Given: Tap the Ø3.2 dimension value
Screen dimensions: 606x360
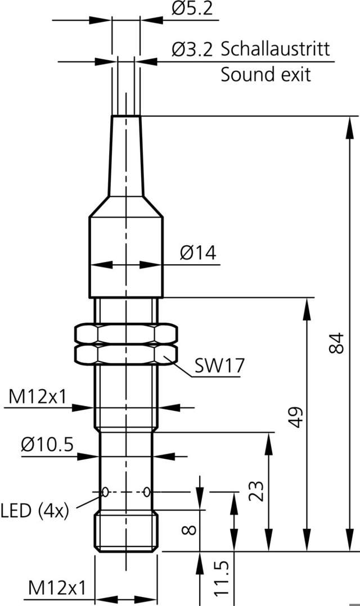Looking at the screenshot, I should (x=192, y=50).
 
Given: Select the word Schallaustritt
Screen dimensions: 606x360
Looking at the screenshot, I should (x=275, y=49).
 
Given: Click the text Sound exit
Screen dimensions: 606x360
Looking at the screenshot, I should (x=265, y=74).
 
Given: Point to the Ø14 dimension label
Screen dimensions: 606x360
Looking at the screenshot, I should (x=198, y=254).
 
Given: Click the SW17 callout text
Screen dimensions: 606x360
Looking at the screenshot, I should (x=219, y=366).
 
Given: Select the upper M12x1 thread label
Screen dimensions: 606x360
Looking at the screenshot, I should (x=38, y=397).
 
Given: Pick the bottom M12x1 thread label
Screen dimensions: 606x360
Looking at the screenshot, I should (x=57, y=589).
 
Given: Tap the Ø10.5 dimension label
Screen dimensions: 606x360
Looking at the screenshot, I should (x=47, y=445).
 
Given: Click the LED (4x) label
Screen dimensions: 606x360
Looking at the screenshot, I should (x=34, y=511).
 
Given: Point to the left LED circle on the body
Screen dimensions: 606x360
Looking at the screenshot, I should (x=105, y=492).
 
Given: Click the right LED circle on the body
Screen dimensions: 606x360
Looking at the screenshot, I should (x=147, y=492).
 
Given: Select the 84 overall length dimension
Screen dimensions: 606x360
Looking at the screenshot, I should (x=336, y=343).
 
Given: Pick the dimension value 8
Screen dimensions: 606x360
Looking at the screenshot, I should (x=191, y=529).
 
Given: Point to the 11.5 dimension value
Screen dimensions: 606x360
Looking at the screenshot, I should (x=221, y=578).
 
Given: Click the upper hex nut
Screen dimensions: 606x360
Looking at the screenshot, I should (x=126, y=333).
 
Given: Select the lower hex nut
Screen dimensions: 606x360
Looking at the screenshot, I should (x=126, y=354).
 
